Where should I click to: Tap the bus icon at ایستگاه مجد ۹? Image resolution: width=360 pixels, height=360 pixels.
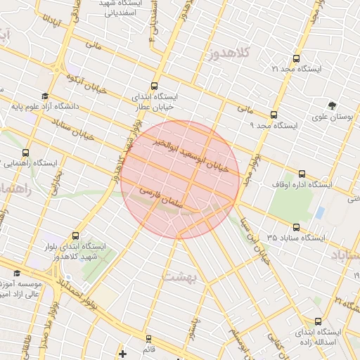(x=274, y=115)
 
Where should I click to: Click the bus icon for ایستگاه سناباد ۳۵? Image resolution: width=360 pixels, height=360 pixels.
(x=296, y=229)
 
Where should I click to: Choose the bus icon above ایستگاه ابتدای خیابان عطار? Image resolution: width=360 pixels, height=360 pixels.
(x=155, y=84)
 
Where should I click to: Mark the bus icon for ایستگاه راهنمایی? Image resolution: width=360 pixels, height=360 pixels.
(x=26, y=153)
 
